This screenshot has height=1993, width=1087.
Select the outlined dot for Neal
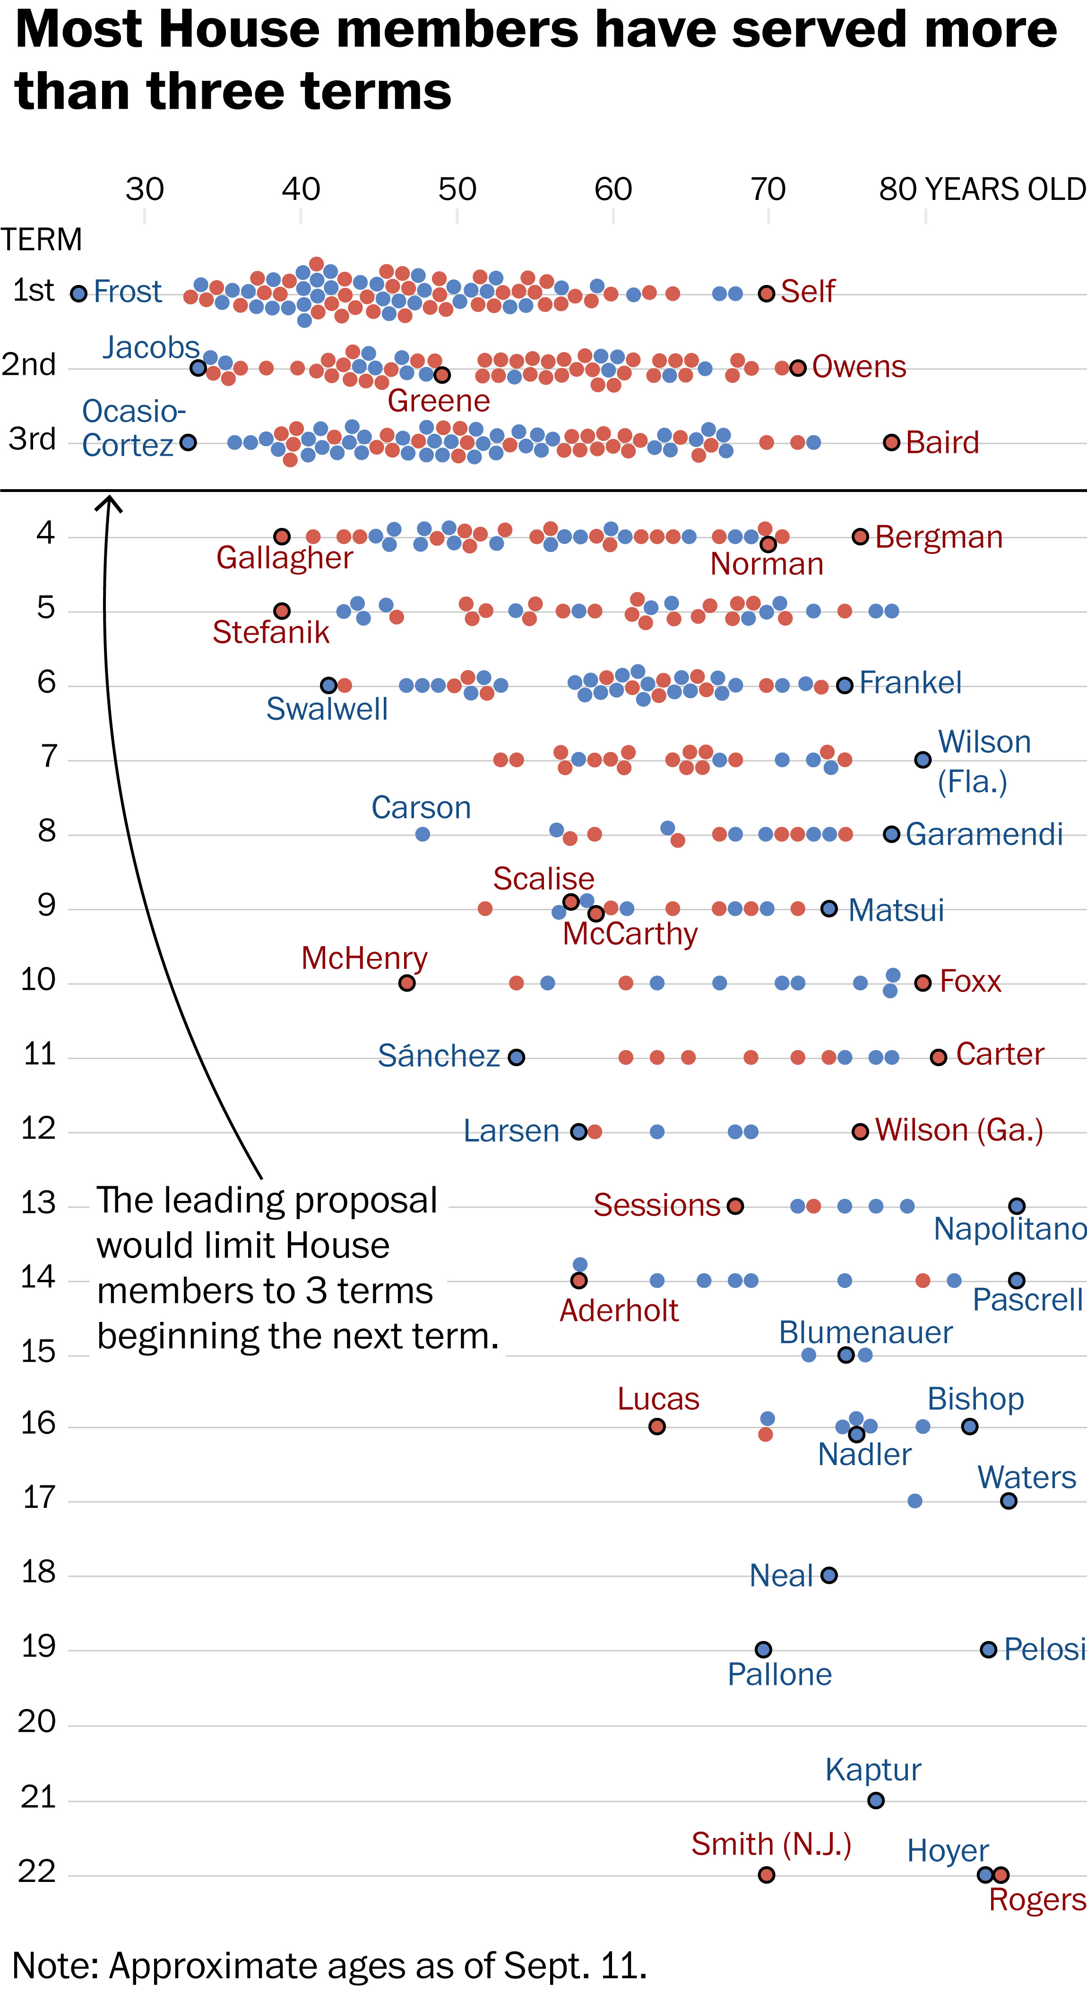(828, 1575)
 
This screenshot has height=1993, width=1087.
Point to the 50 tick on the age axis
(457, 190)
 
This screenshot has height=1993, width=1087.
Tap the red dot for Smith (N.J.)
(767, 1875)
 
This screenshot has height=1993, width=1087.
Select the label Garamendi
(984, 834)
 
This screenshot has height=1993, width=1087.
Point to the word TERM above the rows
(41, 240)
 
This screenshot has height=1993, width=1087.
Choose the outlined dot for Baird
(891, 442)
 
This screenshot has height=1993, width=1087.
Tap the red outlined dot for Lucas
(657, 1426)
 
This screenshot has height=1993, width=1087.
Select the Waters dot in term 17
(1008, 1501)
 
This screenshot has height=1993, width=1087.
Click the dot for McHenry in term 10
(407, 983)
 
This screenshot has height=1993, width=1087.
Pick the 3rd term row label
(33, 440)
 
